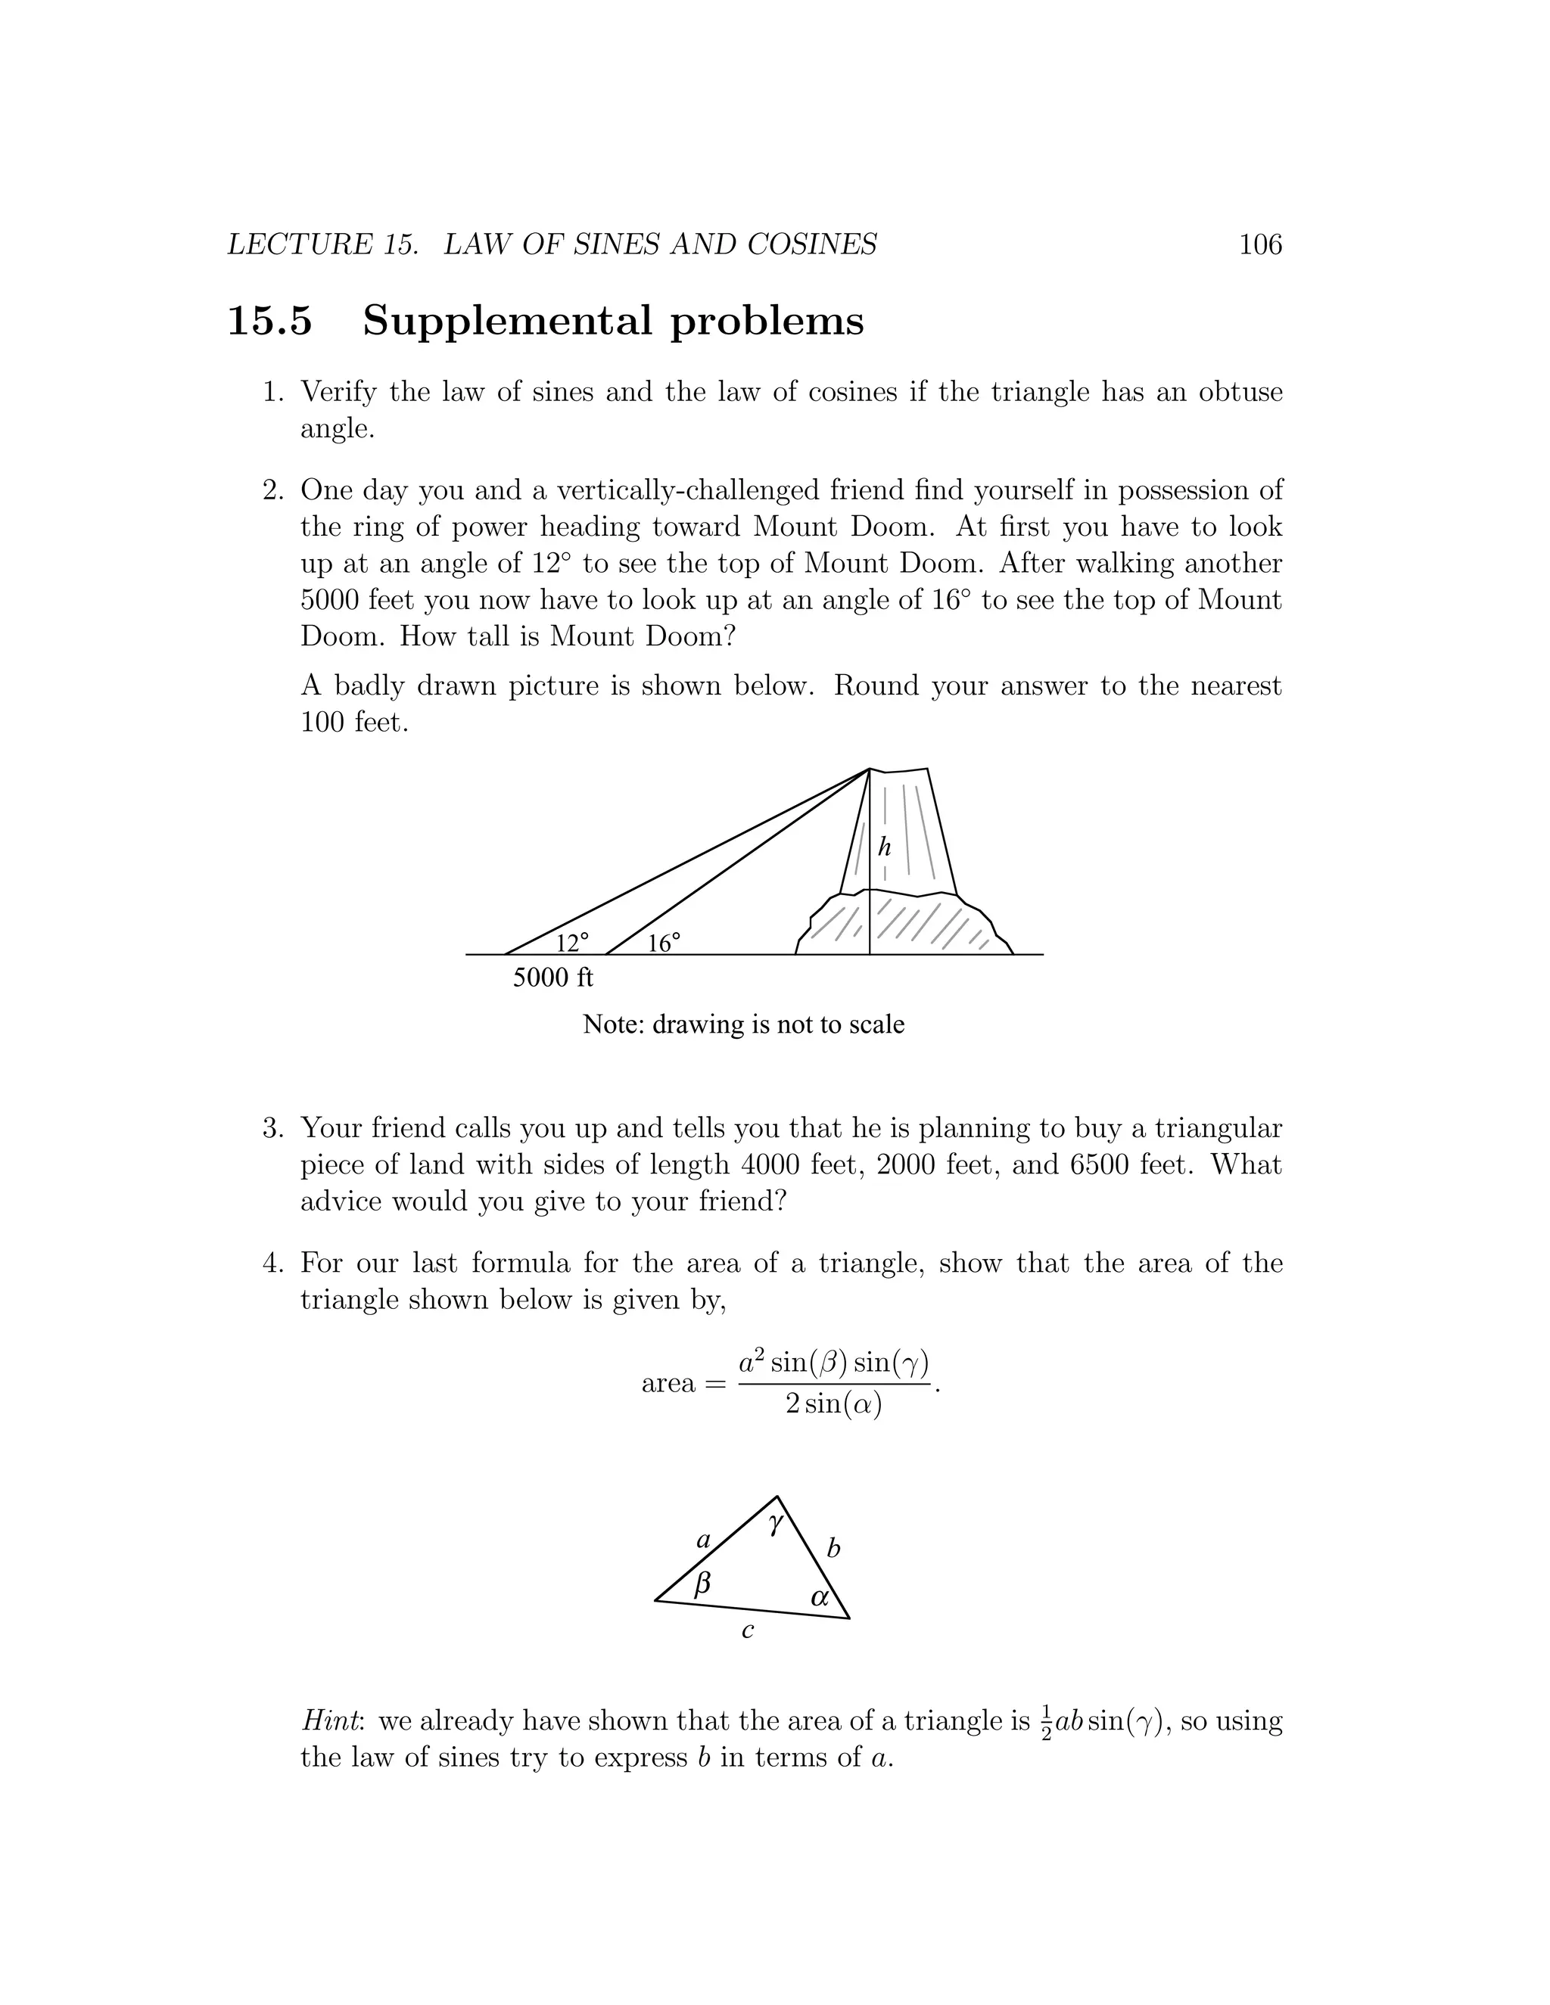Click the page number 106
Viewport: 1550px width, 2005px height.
[x=1260, y=244]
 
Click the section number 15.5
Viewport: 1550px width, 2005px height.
[x=270, y=322]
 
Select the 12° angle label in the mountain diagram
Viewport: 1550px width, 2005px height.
[x=572, y=942]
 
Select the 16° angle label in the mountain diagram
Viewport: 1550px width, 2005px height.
[x=664, y=943]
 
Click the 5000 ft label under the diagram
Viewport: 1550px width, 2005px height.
[x=552, y=978]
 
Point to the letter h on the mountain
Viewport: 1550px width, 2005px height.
[x=884, y=847]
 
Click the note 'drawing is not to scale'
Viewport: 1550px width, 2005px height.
[x=743, y=1024]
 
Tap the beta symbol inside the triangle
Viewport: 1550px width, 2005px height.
[x=702, y=1582]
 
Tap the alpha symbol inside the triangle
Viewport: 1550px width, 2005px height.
[x=820, y=1597]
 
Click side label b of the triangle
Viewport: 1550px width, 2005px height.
[x=833, y=1549]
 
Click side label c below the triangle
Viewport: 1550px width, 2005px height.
[x=748, y=1630]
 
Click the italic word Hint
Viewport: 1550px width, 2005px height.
[x=331, y=1721]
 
